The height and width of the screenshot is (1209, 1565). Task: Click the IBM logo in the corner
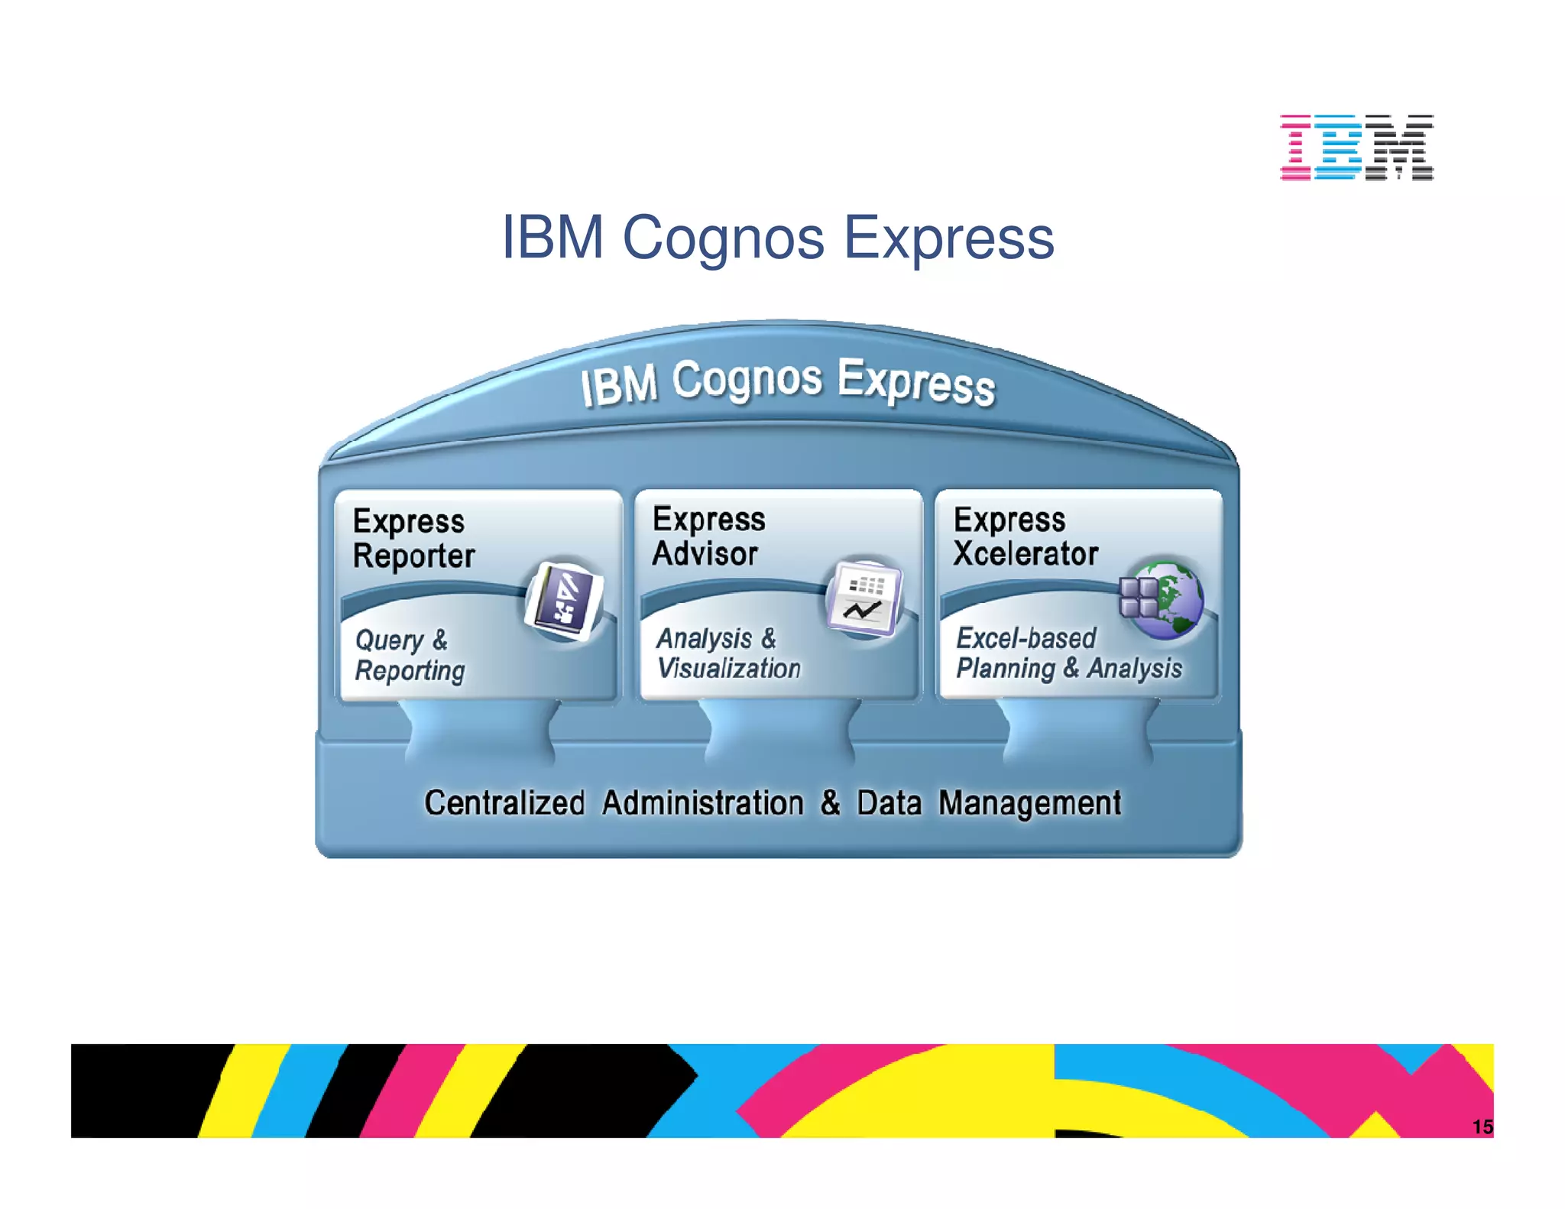tap(1356, 147)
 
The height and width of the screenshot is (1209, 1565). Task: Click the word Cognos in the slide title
tap(723, 238)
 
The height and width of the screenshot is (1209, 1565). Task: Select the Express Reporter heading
tap(413, 538)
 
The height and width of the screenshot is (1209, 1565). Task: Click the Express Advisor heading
tap(708, 536)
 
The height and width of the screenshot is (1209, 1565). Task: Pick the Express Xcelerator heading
tap(1024, 536)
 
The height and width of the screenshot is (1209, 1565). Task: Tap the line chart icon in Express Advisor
tap(864, 598)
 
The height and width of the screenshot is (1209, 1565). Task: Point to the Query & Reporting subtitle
tap(409, 655)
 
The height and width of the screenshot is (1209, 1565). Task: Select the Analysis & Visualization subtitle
tap(727, 653)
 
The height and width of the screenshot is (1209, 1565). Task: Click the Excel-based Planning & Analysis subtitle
tap(1068, 653)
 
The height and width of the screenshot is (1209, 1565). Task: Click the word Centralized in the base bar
tap(504, 803)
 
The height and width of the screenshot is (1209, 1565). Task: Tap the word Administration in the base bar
tap(702, 803)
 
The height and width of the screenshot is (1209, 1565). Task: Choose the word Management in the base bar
tap(1029, 803)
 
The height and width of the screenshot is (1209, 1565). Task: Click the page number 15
tap(1482, 1126)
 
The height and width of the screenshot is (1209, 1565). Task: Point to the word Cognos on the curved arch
tap(747, 380)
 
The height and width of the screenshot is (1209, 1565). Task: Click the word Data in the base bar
tap(889, 803)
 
